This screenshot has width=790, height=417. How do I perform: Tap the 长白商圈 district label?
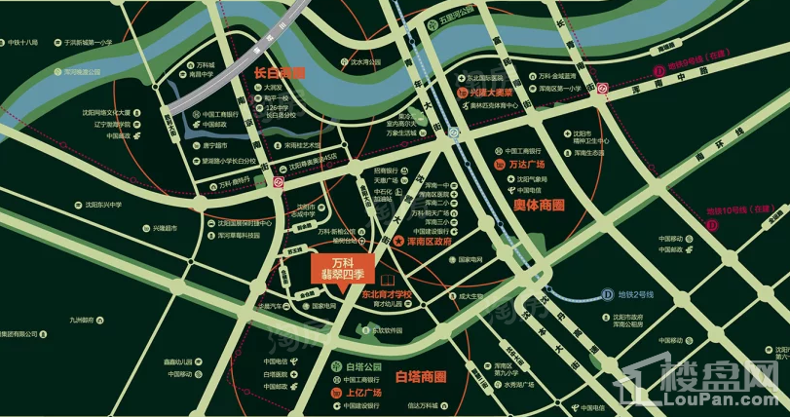280,72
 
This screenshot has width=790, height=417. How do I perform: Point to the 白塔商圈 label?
420,376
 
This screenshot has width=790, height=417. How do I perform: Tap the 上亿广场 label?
360,393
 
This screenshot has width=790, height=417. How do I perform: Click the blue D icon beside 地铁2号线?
607,293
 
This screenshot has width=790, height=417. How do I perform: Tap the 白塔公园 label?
359,366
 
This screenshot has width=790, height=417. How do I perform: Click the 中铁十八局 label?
21,43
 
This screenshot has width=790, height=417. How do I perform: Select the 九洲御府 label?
80,320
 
